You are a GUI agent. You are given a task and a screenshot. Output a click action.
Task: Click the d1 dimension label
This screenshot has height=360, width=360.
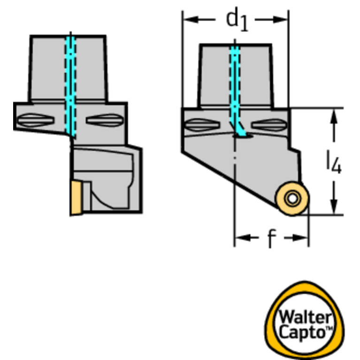point(237,20)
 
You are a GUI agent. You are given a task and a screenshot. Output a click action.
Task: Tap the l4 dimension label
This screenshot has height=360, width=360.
point(334,163)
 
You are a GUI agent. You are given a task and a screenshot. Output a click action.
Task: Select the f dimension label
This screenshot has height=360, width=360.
point(271,239)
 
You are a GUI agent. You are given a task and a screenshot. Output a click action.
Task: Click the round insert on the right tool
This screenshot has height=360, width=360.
point(292,199)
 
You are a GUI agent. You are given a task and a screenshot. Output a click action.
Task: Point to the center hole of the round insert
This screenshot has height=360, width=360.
point(293,199)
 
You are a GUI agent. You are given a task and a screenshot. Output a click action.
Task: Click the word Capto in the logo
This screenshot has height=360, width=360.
point(300,332)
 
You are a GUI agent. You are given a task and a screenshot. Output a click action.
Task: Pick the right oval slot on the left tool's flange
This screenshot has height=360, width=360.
point(104,121)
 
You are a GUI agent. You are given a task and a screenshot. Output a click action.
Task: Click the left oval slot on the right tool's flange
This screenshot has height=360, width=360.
point(202,125)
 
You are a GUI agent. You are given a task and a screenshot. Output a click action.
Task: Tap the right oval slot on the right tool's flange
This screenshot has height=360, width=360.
point(268,125)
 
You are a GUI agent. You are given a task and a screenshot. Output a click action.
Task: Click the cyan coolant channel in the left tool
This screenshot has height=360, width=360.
point(70,84)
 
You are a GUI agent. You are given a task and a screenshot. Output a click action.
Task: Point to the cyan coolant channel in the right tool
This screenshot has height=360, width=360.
point(234,84)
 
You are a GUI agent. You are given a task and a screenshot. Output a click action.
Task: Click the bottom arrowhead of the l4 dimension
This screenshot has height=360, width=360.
point(334,209)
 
